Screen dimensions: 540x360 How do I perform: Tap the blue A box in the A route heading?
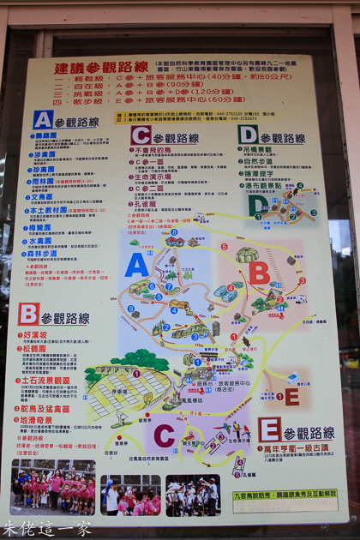pyautogui.click(x=44, y=119)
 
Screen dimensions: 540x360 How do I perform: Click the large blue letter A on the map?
pyautogui.click(x=136, y=265)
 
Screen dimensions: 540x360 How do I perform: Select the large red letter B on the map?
pyautogui.click(x=259, y=273)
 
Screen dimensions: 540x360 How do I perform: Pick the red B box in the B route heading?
pyautogui.click(x=29, y=314)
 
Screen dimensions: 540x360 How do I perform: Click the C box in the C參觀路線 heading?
pyautogui.click(x=141, y=135)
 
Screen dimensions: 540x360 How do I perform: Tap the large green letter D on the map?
pyautogui.click(x=256, y=206)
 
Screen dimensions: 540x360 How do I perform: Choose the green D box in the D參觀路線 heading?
pyautogui.click(x=249, y=135)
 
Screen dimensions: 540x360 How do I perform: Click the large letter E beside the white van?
pyautogui.click(x=291, y=396)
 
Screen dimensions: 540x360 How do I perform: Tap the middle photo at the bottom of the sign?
pyautogui.click(x=130, y=495)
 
